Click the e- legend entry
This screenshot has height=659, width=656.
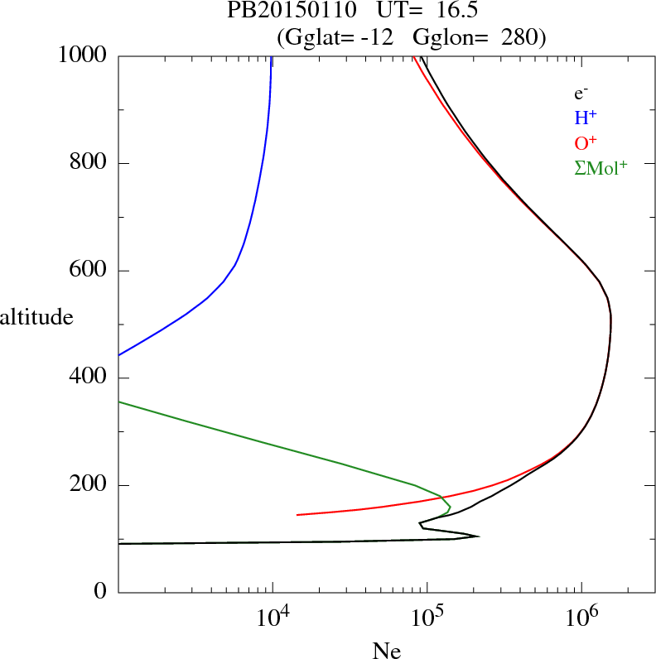tap(581, 94)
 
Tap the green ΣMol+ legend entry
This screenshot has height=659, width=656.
tap(600, 167)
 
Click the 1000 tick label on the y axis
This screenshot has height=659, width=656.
tap(82, 55)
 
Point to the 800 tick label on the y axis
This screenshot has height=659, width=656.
tap(89, 163)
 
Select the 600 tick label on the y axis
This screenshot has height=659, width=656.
tap(89, 271)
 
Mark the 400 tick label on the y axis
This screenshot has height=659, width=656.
tap(89, 378)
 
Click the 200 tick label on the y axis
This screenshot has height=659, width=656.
tap(89, 485)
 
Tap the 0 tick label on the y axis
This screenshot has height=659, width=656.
tap(101, 592)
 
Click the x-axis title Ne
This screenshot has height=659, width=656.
tap(386, 651)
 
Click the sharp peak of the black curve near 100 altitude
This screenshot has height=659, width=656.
tap(478, 536)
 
